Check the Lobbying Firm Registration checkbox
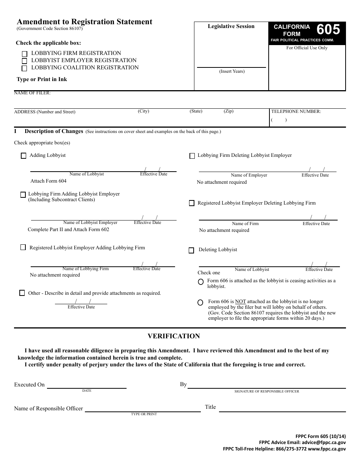(25, 54)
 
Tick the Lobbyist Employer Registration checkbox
(25, 61)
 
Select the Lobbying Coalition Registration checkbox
(25, 69)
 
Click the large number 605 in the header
(328, 30)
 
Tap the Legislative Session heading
(231, 27)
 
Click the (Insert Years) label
(232, 71)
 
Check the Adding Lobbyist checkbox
(23, 156)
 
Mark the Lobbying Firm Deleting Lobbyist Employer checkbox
(192, 156)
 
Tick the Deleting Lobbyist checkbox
(191, 250)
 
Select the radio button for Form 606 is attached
(200, 282)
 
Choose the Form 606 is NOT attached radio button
(200, 303)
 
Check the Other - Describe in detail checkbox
(22, 293)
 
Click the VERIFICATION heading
(174, 336)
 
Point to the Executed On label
(30, 385)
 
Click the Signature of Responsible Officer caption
(267, 391)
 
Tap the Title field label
(210, 407)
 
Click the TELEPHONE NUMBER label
(296, 112)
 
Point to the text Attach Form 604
(49, 181)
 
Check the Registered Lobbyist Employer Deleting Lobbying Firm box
(192, 203)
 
